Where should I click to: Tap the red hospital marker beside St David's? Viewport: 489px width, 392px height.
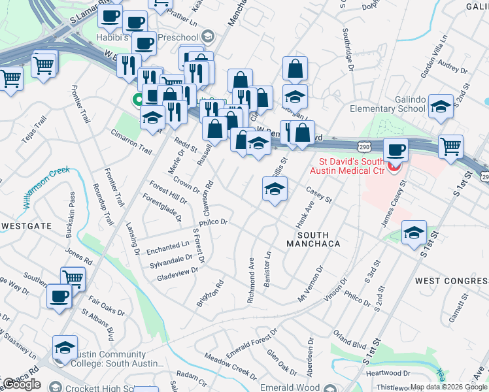[393, 167]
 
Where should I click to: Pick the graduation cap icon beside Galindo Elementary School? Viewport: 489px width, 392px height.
[441, 106]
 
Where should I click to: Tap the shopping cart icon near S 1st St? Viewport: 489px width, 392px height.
[451, 146]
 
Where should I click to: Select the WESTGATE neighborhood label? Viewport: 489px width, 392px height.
[26, 225]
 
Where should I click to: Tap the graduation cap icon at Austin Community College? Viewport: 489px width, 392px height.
[65, 347]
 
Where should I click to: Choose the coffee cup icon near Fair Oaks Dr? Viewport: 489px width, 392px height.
[59, 295]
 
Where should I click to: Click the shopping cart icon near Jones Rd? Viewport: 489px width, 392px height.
[73, 278]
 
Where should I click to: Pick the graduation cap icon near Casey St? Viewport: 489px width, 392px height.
[275, 189]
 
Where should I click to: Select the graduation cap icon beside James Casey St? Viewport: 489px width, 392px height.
[414, 233]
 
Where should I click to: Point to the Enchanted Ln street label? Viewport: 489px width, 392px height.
[167, 247]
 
